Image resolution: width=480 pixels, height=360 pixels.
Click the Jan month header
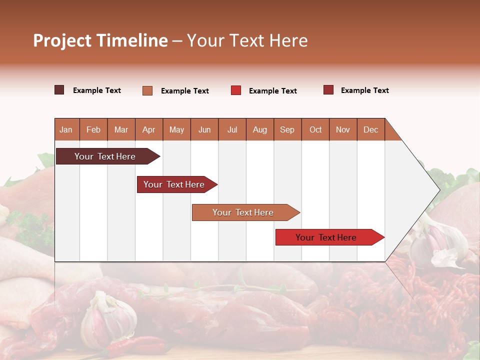(66, 129)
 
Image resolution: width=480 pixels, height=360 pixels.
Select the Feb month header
(93, 129)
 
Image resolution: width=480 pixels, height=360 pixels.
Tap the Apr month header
(148, 129)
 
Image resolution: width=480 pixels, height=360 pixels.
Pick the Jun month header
(204, 129)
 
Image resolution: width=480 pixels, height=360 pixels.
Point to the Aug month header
(259, 129)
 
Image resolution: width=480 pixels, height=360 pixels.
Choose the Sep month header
(287, 129)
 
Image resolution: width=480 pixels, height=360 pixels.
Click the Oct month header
(315, 129)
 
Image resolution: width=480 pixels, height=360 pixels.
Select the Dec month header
(370, 129)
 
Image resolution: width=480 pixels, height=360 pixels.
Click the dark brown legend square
(59, 90)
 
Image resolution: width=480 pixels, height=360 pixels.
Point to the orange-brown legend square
(147, 90)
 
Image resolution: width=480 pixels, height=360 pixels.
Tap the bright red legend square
(236, 90)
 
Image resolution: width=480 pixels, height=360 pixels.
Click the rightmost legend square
(328, 90)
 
